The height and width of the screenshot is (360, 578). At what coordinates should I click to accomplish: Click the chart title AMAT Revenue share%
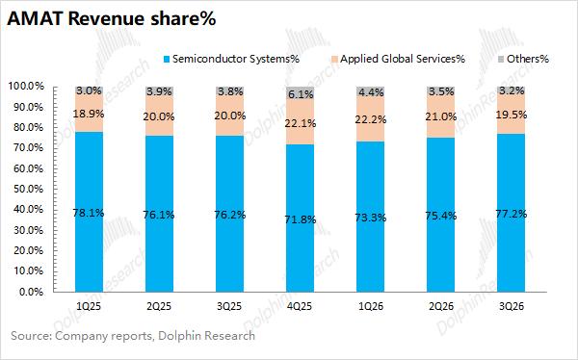[111, 18]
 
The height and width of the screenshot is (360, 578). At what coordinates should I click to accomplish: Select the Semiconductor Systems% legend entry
[231, 59]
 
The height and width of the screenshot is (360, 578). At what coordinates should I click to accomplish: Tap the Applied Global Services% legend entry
[399, 59]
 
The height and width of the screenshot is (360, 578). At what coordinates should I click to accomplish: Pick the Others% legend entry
[523, 59]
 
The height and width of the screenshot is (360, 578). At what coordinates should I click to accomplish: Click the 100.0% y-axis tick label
[26, 87]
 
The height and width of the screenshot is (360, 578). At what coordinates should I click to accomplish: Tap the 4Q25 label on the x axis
[300, 306]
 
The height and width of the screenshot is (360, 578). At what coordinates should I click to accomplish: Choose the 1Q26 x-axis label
[371, 306]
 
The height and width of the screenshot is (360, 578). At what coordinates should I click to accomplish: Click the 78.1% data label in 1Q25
[89, 213]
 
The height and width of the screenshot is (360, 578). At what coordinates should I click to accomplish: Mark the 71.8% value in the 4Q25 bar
[300, 219]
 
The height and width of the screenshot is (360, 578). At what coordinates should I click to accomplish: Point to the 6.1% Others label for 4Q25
[301, 94]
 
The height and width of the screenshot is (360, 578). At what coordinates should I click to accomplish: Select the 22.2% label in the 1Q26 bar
[371, 119]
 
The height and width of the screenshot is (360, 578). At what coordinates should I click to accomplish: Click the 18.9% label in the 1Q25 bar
[89, 114]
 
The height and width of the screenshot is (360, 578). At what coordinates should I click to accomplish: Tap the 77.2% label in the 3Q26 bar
[512, 214]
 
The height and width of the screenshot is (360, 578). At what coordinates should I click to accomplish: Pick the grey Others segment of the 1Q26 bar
[371, 91]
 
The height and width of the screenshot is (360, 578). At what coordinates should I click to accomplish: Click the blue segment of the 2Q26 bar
[441, 215]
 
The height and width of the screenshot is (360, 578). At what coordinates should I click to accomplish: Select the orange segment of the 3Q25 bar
[229, 115]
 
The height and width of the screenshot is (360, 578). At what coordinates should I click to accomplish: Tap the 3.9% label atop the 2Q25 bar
[159, 91]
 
